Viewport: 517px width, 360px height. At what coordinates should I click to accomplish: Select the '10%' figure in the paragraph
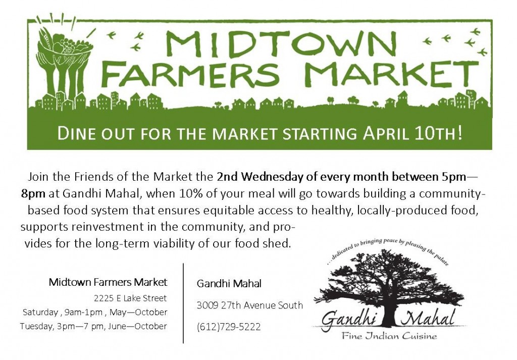click(x=190, y=193)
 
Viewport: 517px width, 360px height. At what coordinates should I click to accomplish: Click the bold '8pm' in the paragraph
click(x=33, y=194)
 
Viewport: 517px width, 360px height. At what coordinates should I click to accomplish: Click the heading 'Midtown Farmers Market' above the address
click(x=108, y=282)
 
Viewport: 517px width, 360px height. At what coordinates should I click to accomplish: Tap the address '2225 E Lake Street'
click(x=130, y=298)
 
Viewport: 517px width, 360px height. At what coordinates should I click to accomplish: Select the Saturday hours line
click(x=95, y=312)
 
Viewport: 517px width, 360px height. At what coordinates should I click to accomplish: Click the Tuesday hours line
click(x=93, y=326)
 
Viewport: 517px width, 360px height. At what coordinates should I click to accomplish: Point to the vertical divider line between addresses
click(x=183, y=303)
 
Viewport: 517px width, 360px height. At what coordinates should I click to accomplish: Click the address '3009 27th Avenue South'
click(x=249, y=305)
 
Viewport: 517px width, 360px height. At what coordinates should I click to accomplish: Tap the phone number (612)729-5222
click(x=229, y=327)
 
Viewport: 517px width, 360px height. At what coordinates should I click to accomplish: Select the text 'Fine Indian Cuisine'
click(x=389, y=336)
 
